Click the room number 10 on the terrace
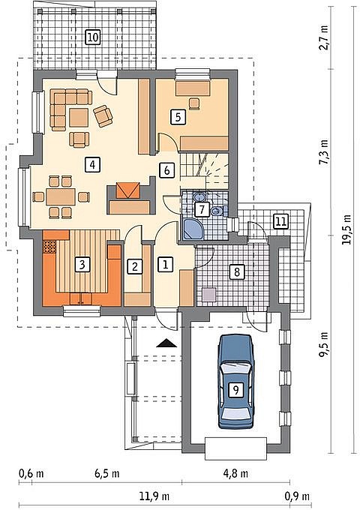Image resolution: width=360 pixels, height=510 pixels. (x=93, y=37)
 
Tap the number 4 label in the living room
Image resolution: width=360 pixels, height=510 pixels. (x=92, y=164)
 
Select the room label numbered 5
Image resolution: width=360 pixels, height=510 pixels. (x=178, y=117)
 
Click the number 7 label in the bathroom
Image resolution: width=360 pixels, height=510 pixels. (x=202, y=209)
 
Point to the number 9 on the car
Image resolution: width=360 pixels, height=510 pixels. (x=235, y=389)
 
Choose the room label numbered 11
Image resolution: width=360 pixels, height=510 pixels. (x=281, y=221)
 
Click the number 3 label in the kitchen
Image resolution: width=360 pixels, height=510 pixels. (x=82, y=265)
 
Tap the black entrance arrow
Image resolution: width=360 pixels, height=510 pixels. (x=166, y=343)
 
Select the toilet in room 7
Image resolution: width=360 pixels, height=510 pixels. (x=216, y=211)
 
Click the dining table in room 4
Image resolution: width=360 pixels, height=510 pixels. (x=61, y=196)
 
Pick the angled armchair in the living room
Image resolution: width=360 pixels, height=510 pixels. (x=103, y=116)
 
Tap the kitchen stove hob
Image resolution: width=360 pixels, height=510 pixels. (x=49, y=247)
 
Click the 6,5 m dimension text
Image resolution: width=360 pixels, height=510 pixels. (x=107, y=473)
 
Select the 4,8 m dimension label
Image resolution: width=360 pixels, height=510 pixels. (x=235, y=473)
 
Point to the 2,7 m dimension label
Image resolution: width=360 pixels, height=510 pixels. (x=324, y=37)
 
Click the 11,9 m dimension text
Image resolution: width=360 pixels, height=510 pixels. (x=154, y=496)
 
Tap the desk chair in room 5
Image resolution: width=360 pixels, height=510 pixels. (x=194, y=103)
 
